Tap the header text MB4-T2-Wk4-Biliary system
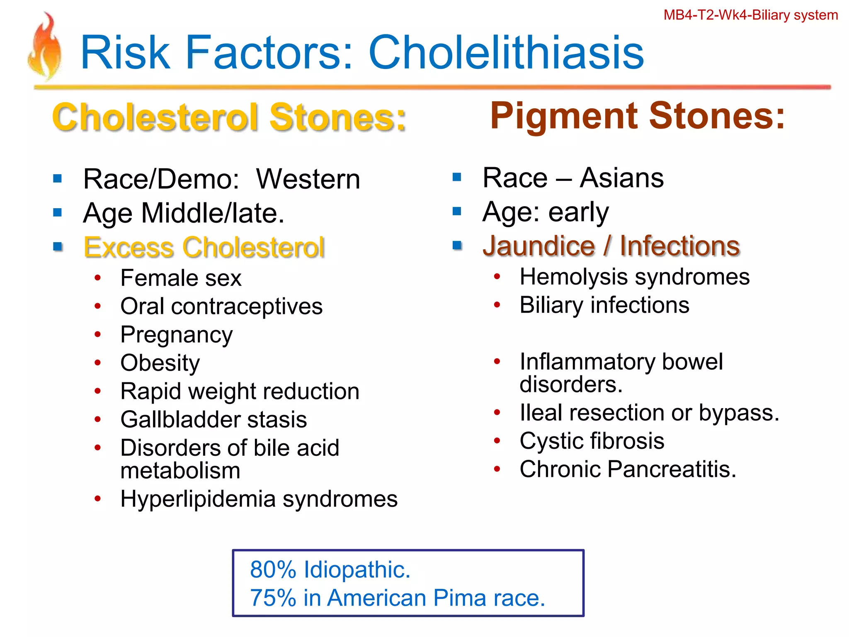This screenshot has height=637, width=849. coord(750,15)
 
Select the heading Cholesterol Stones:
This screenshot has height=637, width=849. coord(229,117)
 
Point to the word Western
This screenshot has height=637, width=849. coord(308,179)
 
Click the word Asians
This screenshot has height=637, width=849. coord(621,178)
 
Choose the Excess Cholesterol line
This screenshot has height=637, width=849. coord(204,247)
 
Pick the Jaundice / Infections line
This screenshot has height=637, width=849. coord(611,246)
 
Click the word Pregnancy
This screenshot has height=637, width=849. coord(176,335)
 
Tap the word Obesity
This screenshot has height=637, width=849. coord(160,363)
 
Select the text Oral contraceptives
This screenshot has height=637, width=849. coord(221,306)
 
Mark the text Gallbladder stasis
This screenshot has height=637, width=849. coord(213,419)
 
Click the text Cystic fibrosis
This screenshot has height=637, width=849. coord(592,440)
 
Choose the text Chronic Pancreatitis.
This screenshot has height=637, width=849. coord(628,469)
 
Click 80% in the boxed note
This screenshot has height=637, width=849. coord(273,569)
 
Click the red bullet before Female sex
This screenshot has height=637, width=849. coord(97,278)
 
